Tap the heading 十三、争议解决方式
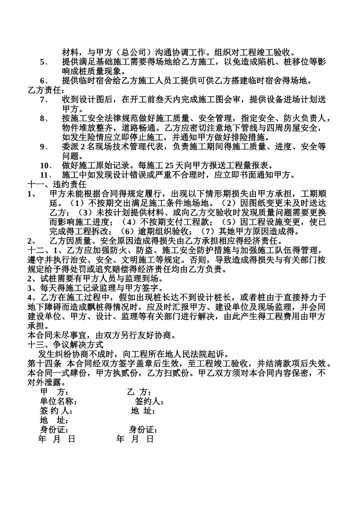[x=66, y=345]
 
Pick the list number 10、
[x=46, y=166]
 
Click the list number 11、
[x=46, y=175]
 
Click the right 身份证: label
[x=143, y=430]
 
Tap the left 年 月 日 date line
[x=57, y=439]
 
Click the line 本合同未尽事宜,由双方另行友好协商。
[x=102, y=335]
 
